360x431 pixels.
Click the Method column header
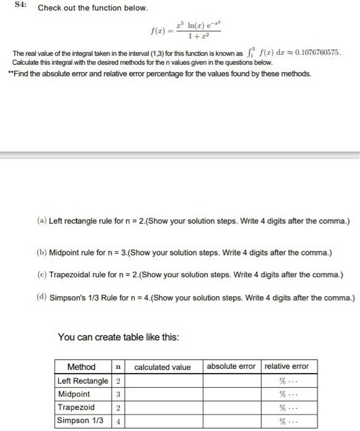[x=81, y=367]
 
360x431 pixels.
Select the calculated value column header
[x=162, y=367]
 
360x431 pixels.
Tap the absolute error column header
[x=231, y=366]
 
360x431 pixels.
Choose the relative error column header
[x=286, y=366]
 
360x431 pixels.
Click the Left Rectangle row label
[x=82, y=381]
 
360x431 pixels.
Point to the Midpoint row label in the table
[x=74, y=394]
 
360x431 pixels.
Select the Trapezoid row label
[x=76, y=407]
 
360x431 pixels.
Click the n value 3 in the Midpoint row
[x=117, y=394]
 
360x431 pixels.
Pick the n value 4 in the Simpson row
[x=117, y=421]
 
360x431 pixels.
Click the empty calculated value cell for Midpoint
[x=162, y=394]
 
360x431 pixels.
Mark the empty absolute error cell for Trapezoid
[x=231, y=407]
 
